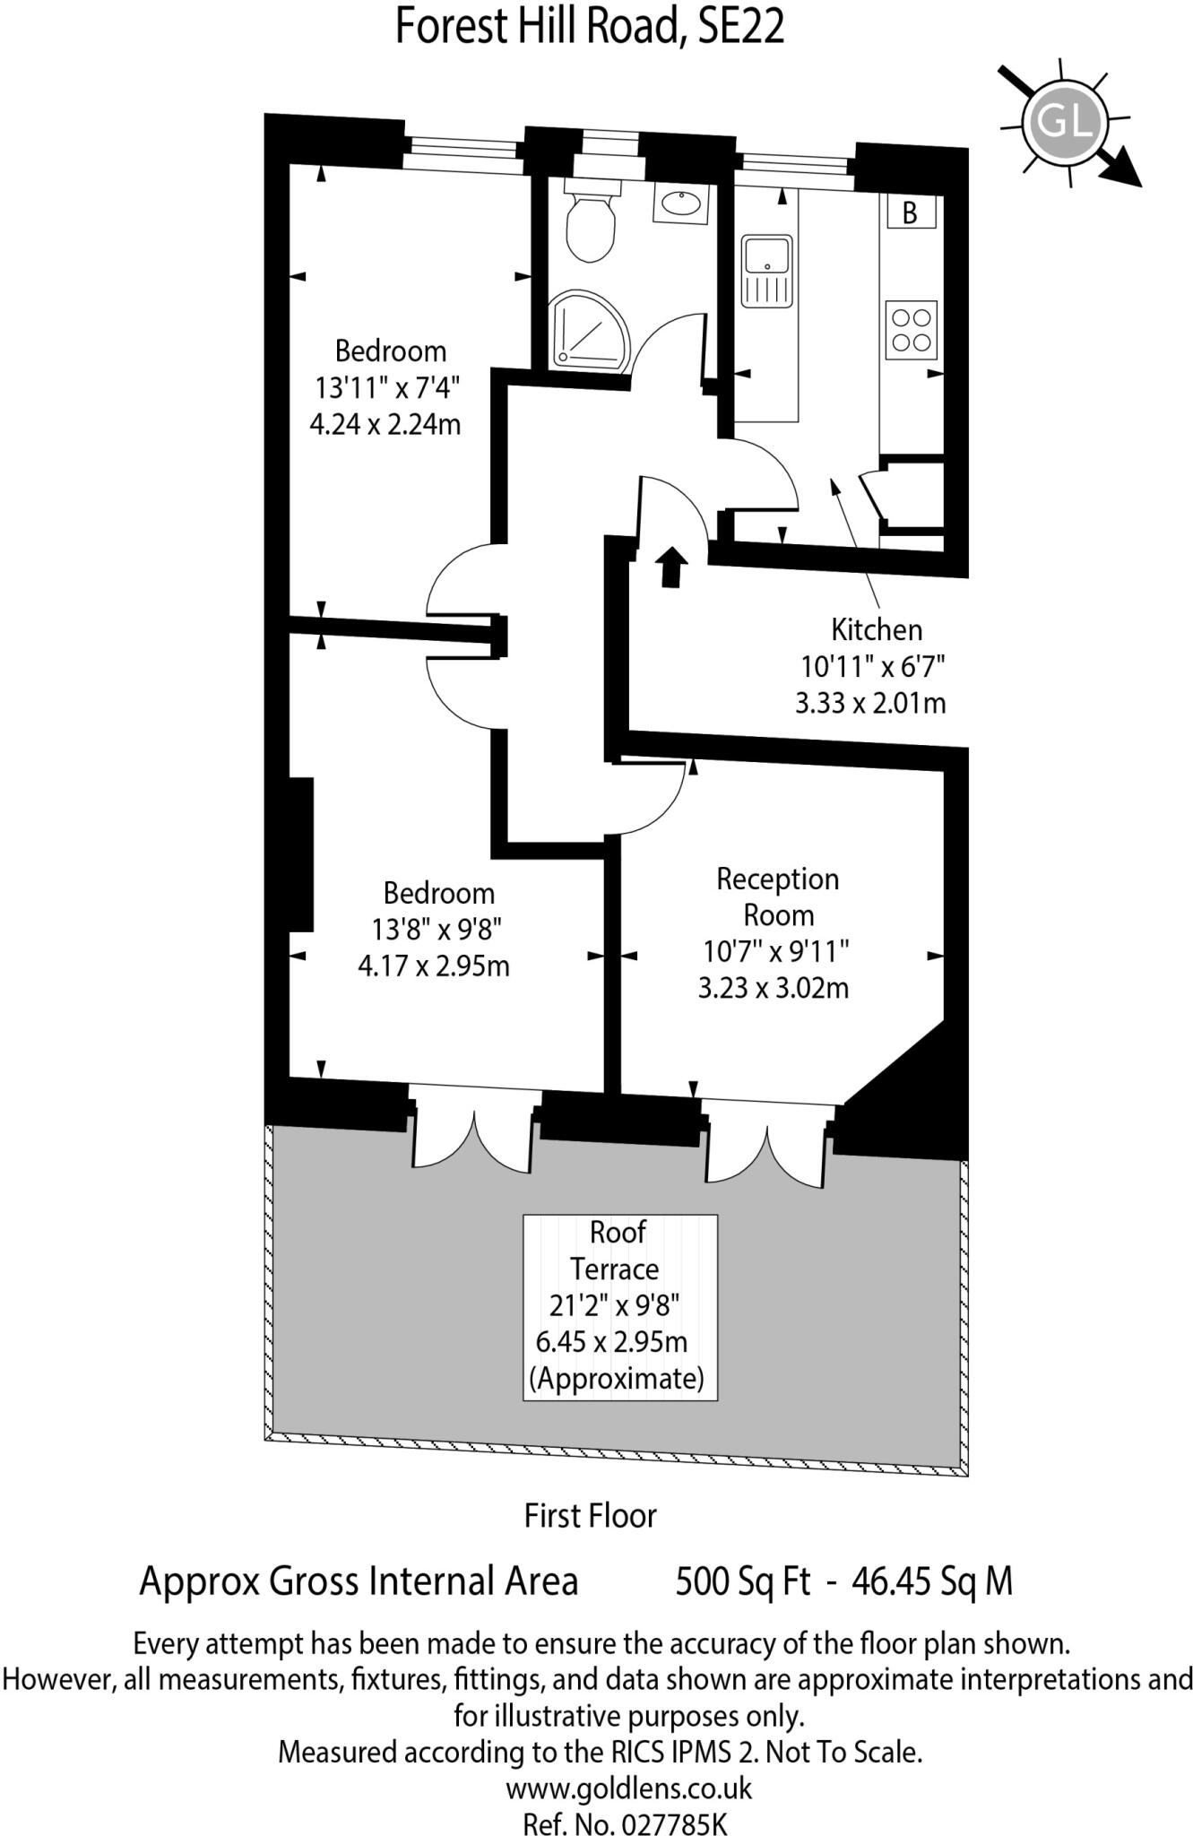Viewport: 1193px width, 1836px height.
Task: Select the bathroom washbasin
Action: click(680, 204)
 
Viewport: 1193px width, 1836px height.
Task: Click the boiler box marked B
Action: click(911, 212)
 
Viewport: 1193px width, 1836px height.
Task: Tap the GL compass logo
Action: click(1066, 121)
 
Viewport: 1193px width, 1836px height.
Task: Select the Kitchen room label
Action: click(877, 629)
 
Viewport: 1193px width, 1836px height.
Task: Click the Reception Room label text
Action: click(778, 896)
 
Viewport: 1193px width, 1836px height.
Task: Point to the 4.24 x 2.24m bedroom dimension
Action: click(385, 423)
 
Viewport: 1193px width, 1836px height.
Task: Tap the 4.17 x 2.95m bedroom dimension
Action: click(434, 966)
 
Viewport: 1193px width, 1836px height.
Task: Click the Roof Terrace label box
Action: click(620, 1307)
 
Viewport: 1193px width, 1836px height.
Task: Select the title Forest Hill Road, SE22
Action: click(591, 27)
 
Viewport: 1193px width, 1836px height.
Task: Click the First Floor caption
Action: click(591, 1515)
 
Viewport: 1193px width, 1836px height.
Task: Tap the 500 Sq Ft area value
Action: click(743, 1581)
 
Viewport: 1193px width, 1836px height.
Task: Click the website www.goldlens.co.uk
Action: click(629, 1788)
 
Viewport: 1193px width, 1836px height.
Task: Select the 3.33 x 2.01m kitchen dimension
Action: click(871, 703)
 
